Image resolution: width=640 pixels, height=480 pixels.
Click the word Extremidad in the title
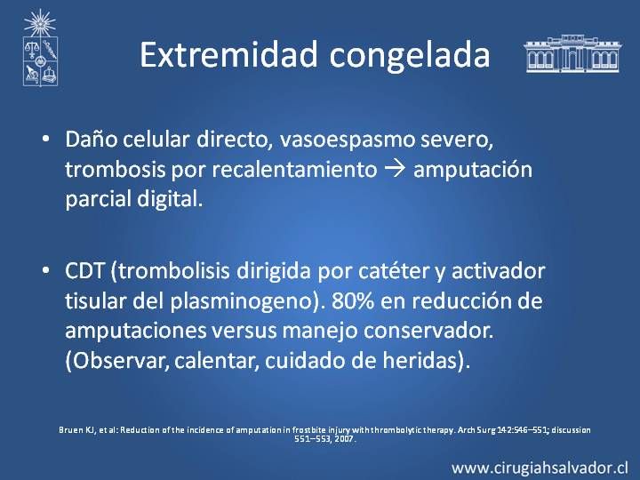pyautogui.click(x=228, y=54)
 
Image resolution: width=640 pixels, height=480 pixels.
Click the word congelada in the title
pyautogui.click(x=410, y=57)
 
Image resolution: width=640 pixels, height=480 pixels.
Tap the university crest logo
pyautogui.click(x=40, y=48)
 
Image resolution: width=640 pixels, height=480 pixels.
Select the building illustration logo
pyautogui.click(x=573, y=53)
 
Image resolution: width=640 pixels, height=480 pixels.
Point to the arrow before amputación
pyautogui.click(x=396, y=169)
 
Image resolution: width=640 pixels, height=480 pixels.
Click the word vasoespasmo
pyautogui.click(x=346, y=140)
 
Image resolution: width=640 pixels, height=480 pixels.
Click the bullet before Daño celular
pyautogui.click(x=45, y=140)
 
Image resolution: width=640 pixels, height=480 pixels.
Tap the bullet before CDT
pyautogui.click(x=45, y=270)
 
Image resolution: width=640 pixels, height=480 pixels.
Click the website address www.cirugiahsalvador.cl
pyautogui.click(x=540, y=468)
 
